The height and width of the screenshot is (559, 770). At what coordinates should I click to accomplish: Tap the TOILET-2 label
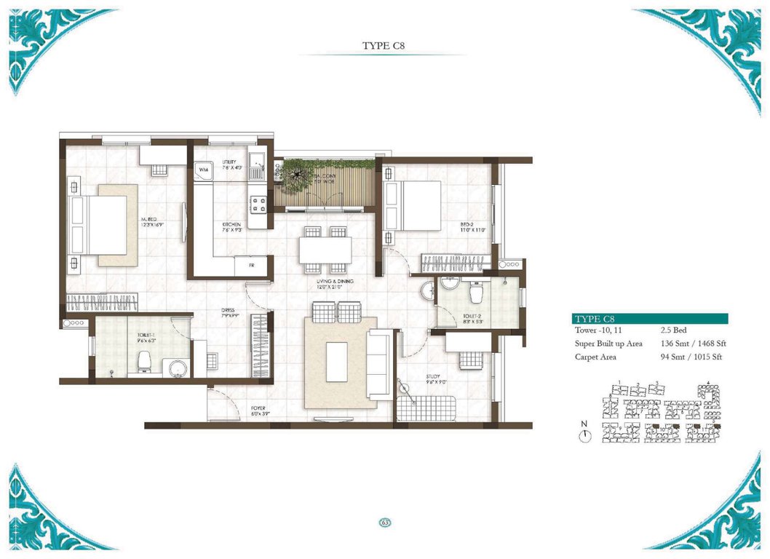click(x=473, y=317)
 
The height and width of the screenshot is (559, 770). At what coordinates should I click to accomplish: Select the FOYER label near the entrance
click(x=261, y=411)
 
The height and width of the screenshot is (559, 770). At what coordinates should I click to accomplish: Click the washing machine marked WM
click(x=203, y=169)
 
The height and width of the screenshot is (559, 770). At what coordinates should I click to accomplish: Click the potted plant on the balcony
click(x=298, y=175)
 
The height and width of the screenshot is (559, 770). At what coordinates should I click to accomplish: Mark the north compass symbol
click(x=585, y=435)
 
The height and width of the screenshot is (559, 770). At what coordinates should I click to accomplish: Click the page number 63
click(x=384, y=522)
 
